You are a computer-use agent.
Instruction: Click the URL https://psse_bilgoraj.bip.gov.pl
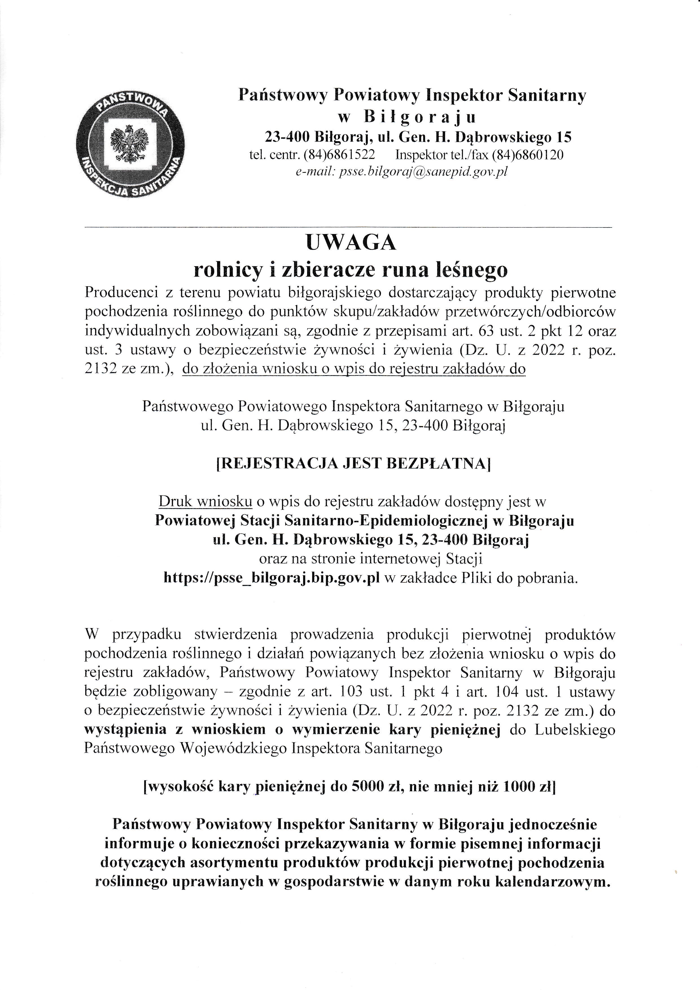click(x=272, y=578)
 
